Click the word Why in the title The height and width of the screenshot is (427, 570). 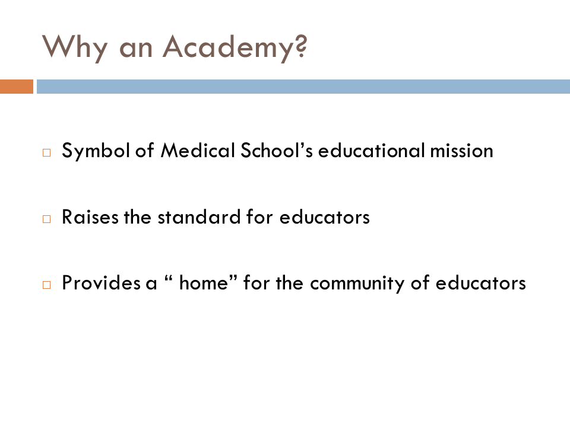[75, 48]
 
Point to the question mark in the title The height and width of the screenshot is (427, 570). [302, 46]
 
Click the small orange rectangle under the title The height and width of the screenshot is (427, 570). [17, 87]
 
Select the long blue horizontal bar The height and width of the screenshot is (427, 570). [303, 87]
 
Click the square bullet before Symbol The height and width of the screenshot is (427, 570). [46, 152]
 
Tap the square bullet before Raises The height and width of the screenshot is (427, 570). [46, 219]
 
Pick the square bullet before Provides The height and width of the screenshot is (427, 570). [46, 285]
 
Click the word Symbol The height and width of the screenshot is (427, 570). [96, 151]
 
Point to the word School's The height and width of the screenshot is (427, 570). [277, 150]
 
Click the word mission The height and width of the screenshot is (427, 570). [462, 151]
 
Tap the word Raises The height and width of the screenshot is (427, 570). [90, 217]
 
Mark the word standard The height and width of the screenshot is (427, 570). [199, 217]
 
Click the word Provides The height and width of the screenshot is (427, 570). [101, 283]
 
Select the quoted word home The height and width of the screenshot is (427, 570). [204, 283]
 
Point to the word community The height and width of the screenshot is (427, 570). [357, 284]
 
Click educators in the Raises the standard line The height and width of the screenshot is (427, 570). [325, 217]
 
